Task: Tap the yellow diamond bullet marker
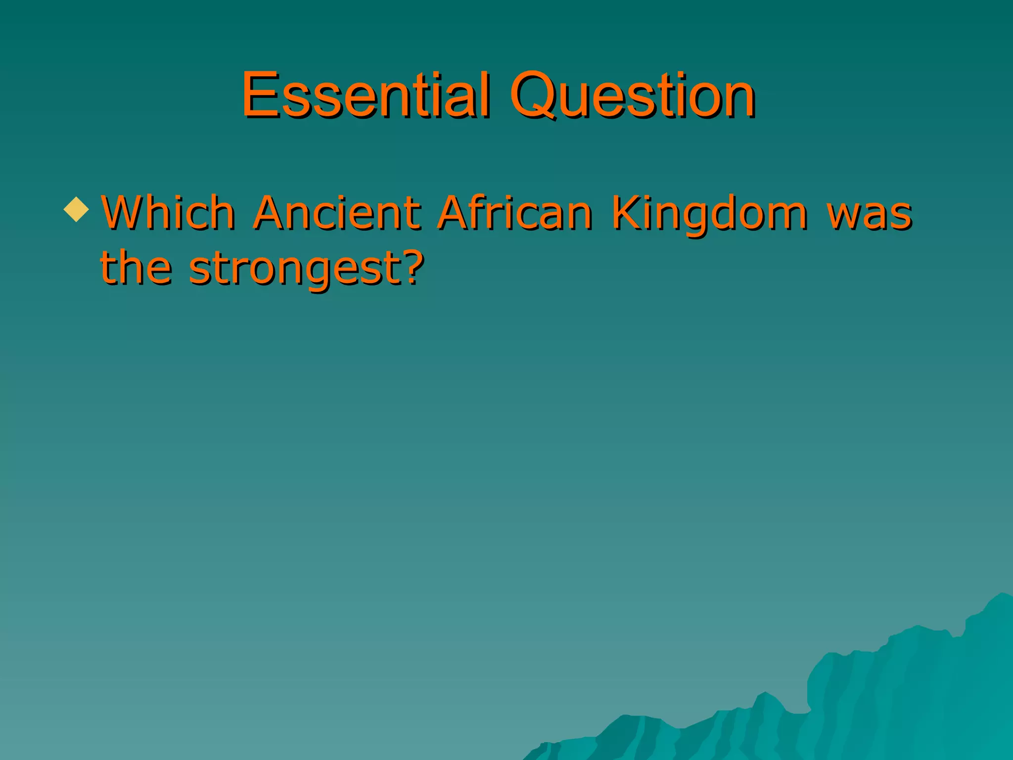click(77, 209)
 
